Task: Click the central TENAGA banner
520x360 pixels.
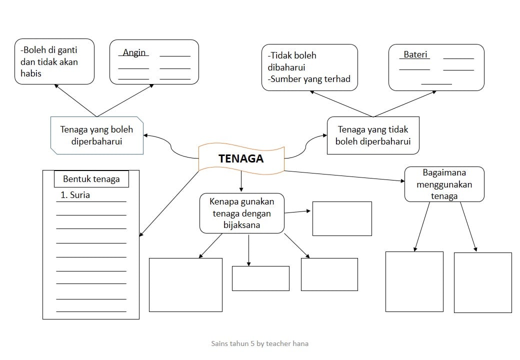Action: pyautogui.click(x=241, y=158)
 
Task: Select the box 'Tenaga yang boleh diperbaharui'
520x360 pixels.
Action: pyautogui.click(x=97, y=135)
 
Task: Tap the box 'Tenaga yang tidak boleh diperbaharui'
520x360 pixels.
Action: pyautogui.click(x=373, y=135)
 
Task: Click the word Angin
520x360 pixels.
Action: pyautogui.click(x=134, y=52)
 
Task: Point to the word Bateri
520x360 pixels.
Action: pyautogui.click(x=415, y=54)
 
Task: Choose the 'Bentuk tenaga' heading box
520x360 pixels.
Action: pyautogui.click(x=91, y=179)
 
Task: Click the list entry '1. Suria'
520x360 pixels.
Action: pyautogui.click(x=75, y=195)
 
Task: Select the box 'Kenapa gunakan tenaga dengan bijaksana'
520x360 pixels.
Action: pyautogui.click(x=242, y=213)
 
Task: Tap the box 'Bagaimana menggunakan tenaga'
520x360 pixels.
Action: pyautogui.click(x=444, y=184)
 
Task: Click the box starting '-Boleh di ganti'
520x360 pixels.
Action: pyautogui.click(x=54, y=61)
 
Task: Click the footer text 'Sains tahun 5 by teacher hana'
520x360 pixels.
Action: pyautogui.click(x=259, y=343)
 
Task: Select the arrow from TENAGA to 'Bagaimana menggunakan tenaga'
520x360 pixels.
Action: pyautogui.click(x=344, y=176)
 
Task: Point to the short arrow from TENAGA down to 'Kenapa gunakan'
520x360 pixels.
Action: pyautogui.click(x=241, y=181)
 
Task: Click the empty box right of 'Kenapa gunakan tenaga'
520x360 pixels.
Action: pyautogui.click(x=342, y=219)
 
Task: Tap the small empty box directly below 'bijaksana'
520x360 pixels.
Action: pyautogui.click(x=260, y=278)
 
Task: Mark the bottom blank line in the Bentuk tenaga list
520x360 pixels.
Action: pyautogui.click(x=91, y=311)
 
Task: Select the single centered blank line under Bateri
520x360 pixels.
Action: pyautogui.click(x=436, y=84)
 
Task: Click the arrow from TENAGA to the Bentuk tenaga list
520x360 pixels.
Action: pyautogui.click(x=169, y=204)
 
